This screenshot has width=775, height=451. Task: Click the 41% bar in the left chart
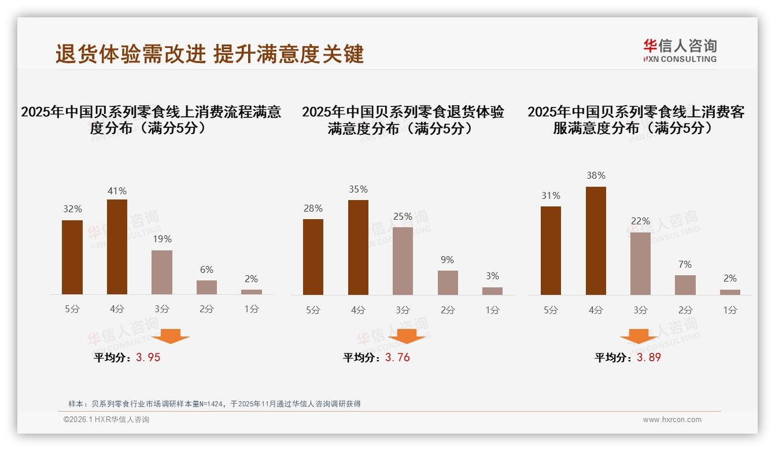(117, 247)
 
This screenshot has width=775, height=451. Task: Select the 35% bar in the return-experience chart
(358, 247)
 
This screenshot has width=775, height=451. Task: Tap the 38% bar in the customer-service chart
(596, 241)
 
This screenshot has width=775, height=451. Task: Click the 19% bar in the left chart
(162, 272)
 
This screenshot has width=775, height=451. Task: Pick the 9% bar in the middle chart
(448, 283)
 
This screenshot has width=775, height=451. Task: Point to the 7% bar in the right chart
(685, 285)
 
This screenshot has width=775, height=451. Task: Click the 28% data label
(313, 209)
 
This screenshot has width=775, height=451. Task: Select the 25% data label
(403, 217)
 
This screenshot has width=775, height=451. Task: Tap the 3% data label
(492, 276)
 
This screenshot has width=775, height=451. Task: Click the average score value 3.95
(148, 357)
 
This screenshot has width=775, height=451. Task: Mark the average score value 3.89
(648, 357)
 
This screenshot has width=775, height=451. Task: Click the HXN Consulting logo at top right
(680, 50)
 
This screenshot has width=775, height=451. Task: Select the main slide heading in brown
(209, 54)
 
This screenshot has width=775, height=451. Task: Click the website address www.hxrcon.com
(672, 420)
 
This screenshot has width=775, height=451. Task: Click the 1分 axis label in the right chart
(730, 310)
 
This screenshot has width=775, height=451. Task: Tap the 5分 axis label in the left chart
(72, 309)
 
